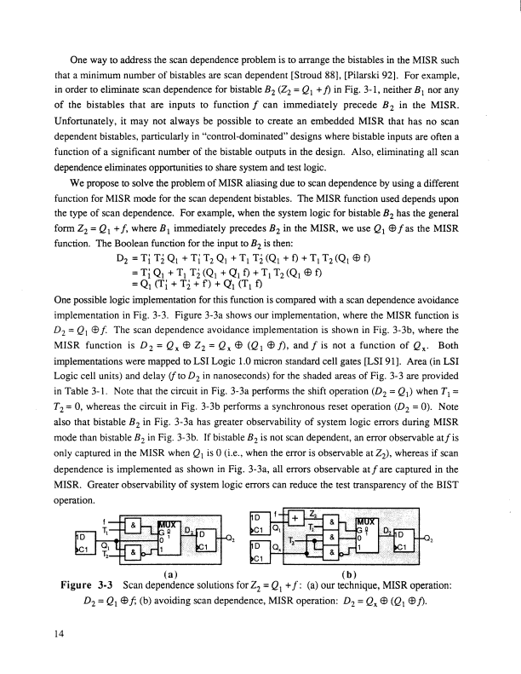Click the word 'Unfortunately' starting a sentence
click(70, 126)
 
